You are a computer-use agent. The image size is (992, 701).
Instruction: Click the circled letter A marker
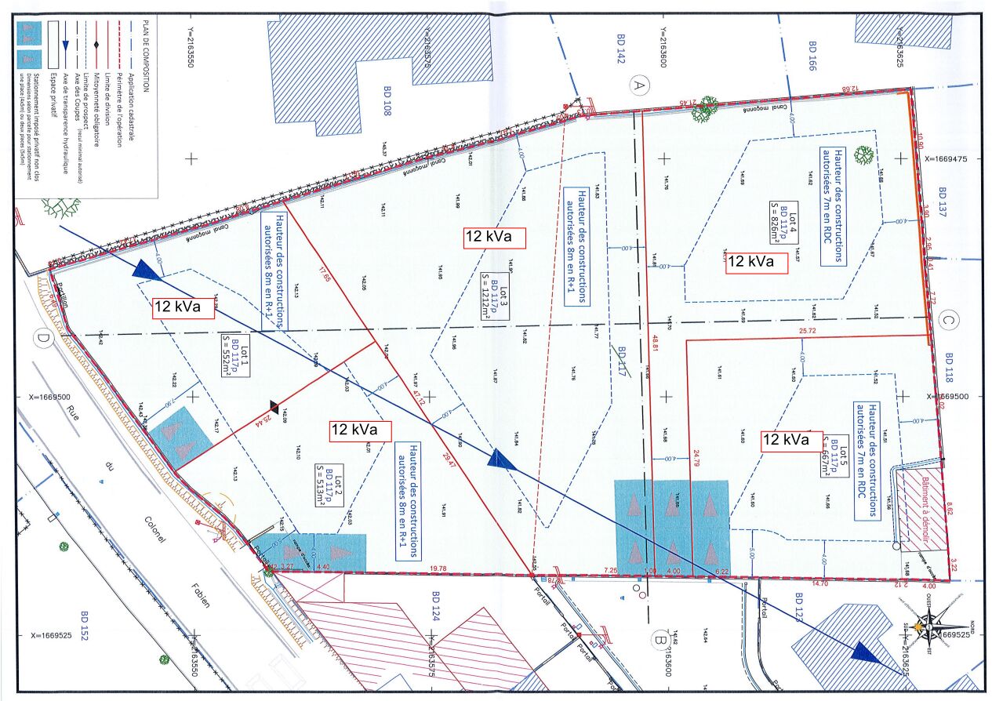click(x=639, y=85)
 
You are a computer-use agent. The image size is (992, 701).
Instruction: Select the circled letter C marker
click(x=947, y=320)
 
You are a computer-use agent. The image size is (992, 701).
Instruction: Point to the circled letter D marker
click(x=42, y=338)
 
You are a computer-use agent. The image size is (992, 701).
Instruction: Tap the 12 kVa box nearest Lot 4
click(x=757, y=261)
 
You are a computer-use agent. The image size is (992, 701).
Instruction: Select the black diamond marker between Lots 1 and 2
click(x=274, y=405)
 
